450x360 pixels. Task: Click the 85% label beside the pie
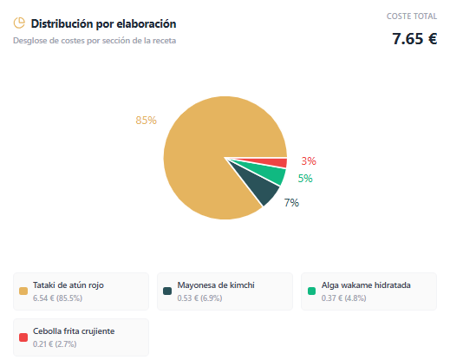coord(146,121)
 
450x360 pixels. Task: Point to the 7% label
coord(291,203)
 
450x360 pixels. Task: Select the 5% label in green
coord(305,179)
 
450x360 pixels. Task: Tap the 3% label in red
coord(309,160)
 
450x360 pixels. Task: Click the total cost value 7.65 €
coord(414,38)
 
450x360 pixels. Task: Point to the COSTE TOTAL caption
coord(412,16)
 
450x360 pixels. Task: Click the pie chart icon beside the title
coord(19,23)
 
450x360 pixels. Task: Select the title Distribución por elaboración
coord(103,23)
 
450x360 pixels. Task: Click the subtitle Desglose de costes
coord(100,41)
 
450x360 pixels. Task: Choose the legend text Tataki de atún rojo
coord(69,285)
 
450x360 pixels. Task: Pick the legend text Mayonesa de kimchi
coord(216,285)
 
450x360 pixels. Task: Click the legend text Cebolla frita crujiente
coord(74,331)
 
